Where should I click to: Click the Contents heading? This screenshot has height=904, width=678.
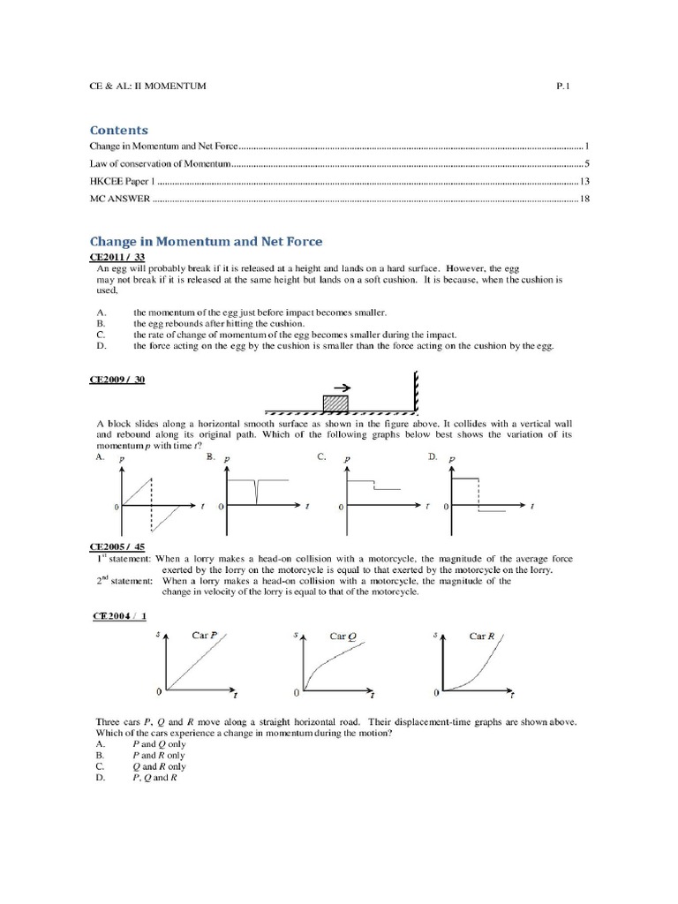point(119,130)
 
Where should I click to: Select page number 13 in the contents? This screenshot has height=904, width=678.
point(584,181)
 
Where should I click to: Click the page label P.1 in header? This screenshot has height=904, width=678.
point(564,86)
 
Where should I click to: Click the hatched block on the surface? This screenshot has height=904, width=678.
point(335,402)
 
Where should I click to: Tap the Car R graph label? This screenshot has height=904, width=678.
point(482,635)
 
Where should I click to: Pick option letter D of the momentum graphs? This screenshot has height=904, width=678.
point(433,457)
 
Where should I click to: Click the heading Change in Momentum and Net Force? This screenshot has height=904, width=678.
point(207,240)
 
